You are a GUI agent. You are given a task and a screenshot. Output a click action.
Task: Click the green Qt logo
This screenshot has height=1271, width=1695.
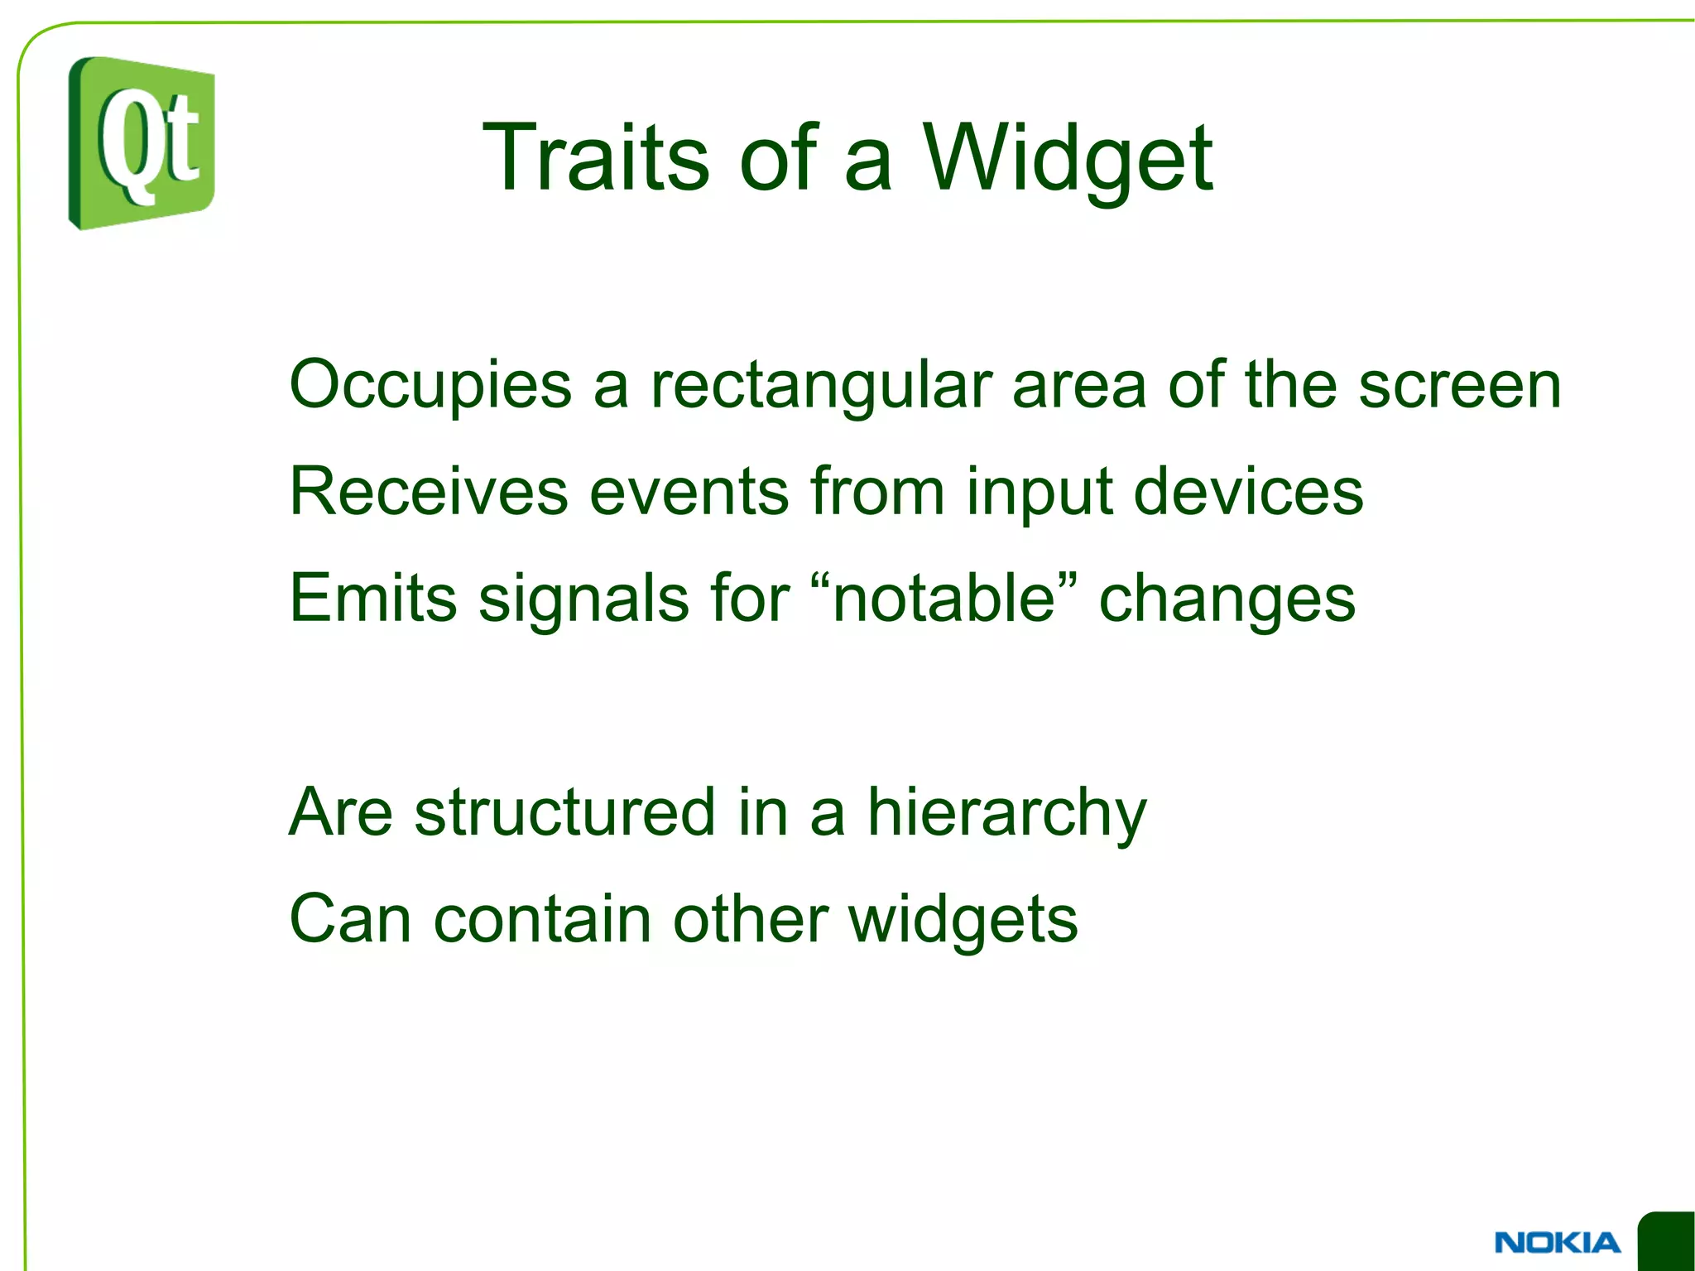(x=142, y=142)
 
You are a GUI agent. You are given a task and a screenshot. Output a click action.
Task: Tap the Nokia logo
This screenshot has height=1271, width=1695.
(x=1557, y=1242)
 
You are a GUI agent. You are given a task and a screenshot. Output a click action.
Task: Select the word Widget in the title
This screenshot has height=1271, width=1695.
(x=1067, y=159)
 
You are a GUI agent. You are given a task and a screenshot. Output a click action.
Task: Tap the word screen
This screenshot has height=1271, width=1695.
(x=1459, y=386)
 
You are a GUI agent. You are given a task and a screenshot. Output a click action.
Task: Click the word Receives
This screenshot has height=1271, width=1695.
(x=428, y=492)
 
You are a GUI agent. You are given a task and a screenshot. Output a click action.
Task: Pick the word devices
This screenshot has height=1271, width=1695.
(x=1247, y=492)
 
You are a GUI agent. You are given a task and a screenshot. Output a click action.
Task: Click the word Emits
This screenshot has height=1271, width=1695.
(x=372, y=598)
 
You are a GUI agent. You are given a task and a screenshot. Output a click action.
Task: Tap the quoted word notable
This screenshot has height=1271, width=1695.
(x=944, y=598)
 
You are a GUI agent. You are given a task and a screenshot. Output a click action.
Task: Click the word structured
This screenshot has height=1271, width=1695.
(x=564, y=812)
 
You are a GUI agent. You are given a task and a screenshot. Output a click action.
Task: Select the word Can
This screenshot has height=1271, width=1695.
(x=349, y=919)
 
